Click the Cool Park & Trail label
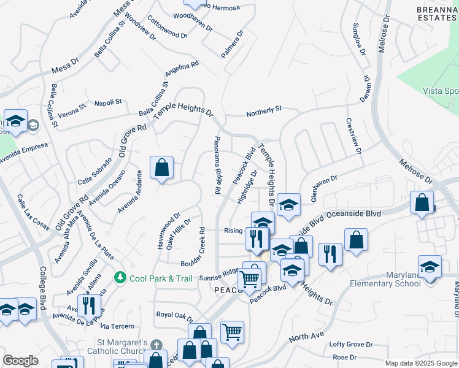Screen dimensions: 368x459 tap(153, 278)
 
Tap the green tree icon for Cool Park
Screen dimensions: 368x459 tap(120, 278)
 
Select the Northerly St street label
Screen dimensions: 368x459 tap(264, 109)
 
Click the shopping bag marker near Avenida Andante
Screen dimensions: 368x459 tap(161, 168)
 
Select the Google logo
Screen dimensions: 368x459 tap(20, 361)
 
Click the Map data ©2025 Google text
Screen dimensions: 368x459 tap(420, 363)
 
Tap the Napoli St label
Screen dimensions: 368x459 tap(108, 103)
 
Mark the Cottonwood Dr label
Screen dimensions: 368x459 tap(167, 27)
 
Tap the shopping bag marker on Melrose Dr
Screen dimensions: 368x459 tap(422, 204)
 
